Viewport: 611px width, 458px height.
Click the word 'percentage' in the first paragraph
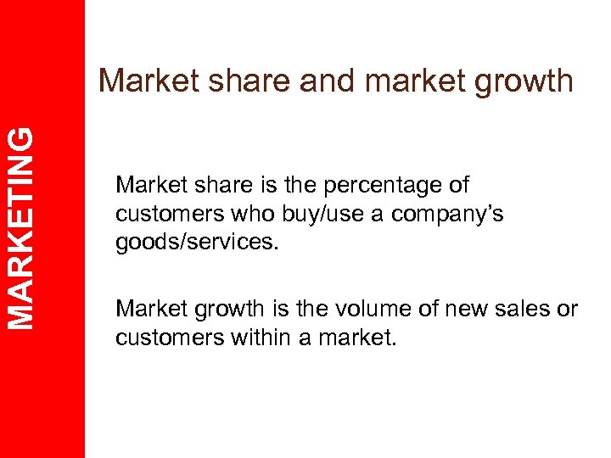384,185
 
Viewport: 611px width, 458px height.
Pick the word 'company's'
451,214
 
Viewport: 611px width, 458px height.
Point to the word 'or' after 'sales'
568,309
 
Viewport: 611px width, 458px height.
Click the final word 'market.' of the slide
362,337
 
